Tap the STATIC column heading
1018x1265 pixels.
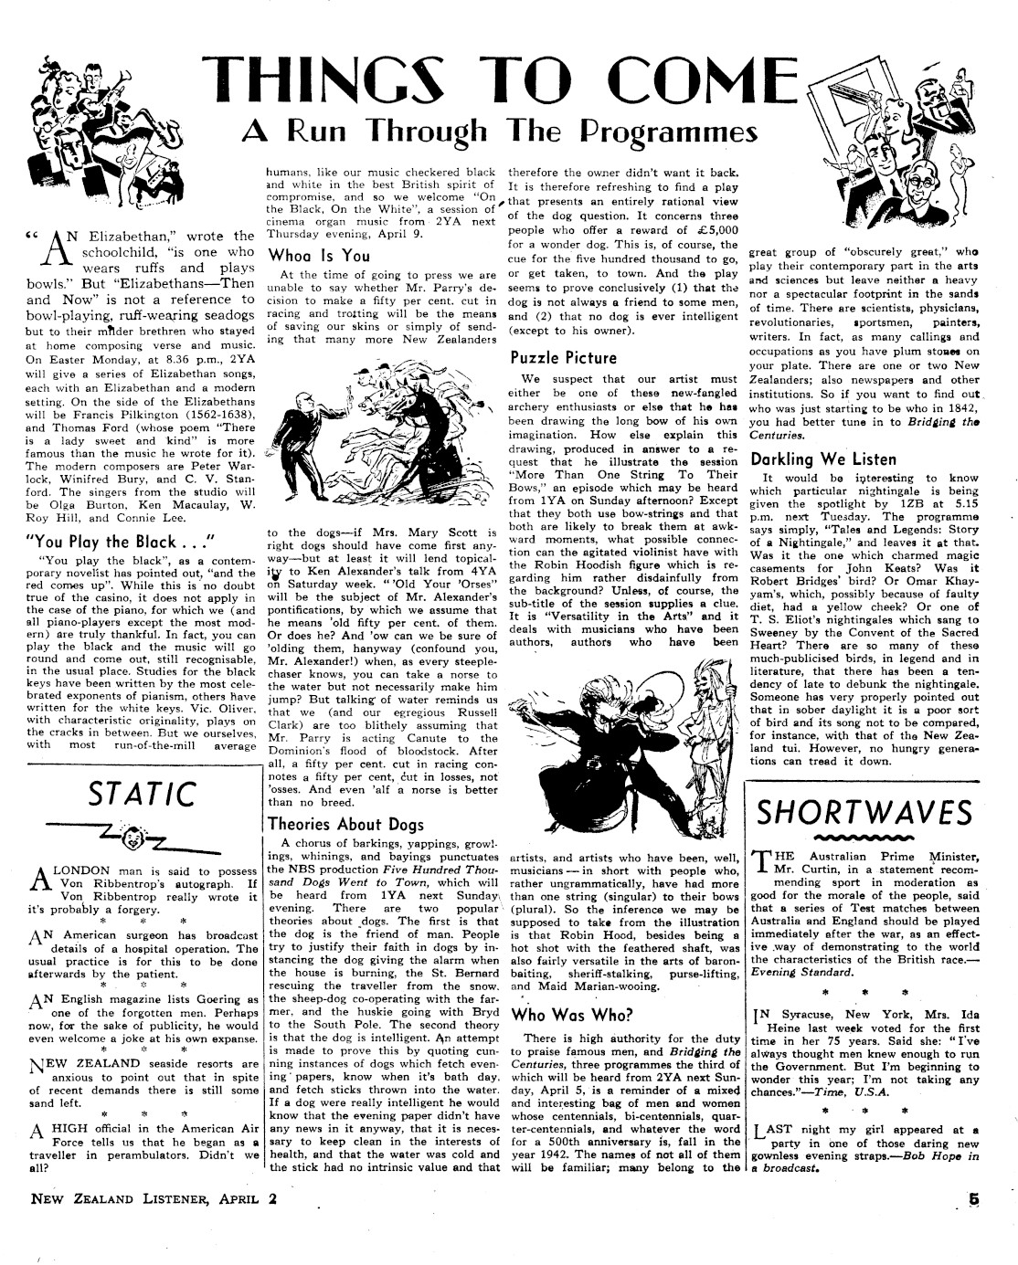pyautogui.click(x=142, y=793)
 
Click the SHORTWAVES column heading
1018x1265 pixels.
pyautogui.click(x=864, y=810)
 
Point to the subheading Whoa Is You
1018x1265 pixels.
pyautogui.click(x=318, y=256)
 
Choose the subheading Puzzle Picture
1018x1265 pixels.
pyautogui.click(x=564, y=357)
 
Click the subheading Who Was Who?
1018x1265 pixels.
pyautogui.click(x=561, y=1014)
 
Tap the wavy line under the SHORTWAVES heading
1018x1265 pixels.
pyautogui.click(x=864, y=836)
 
